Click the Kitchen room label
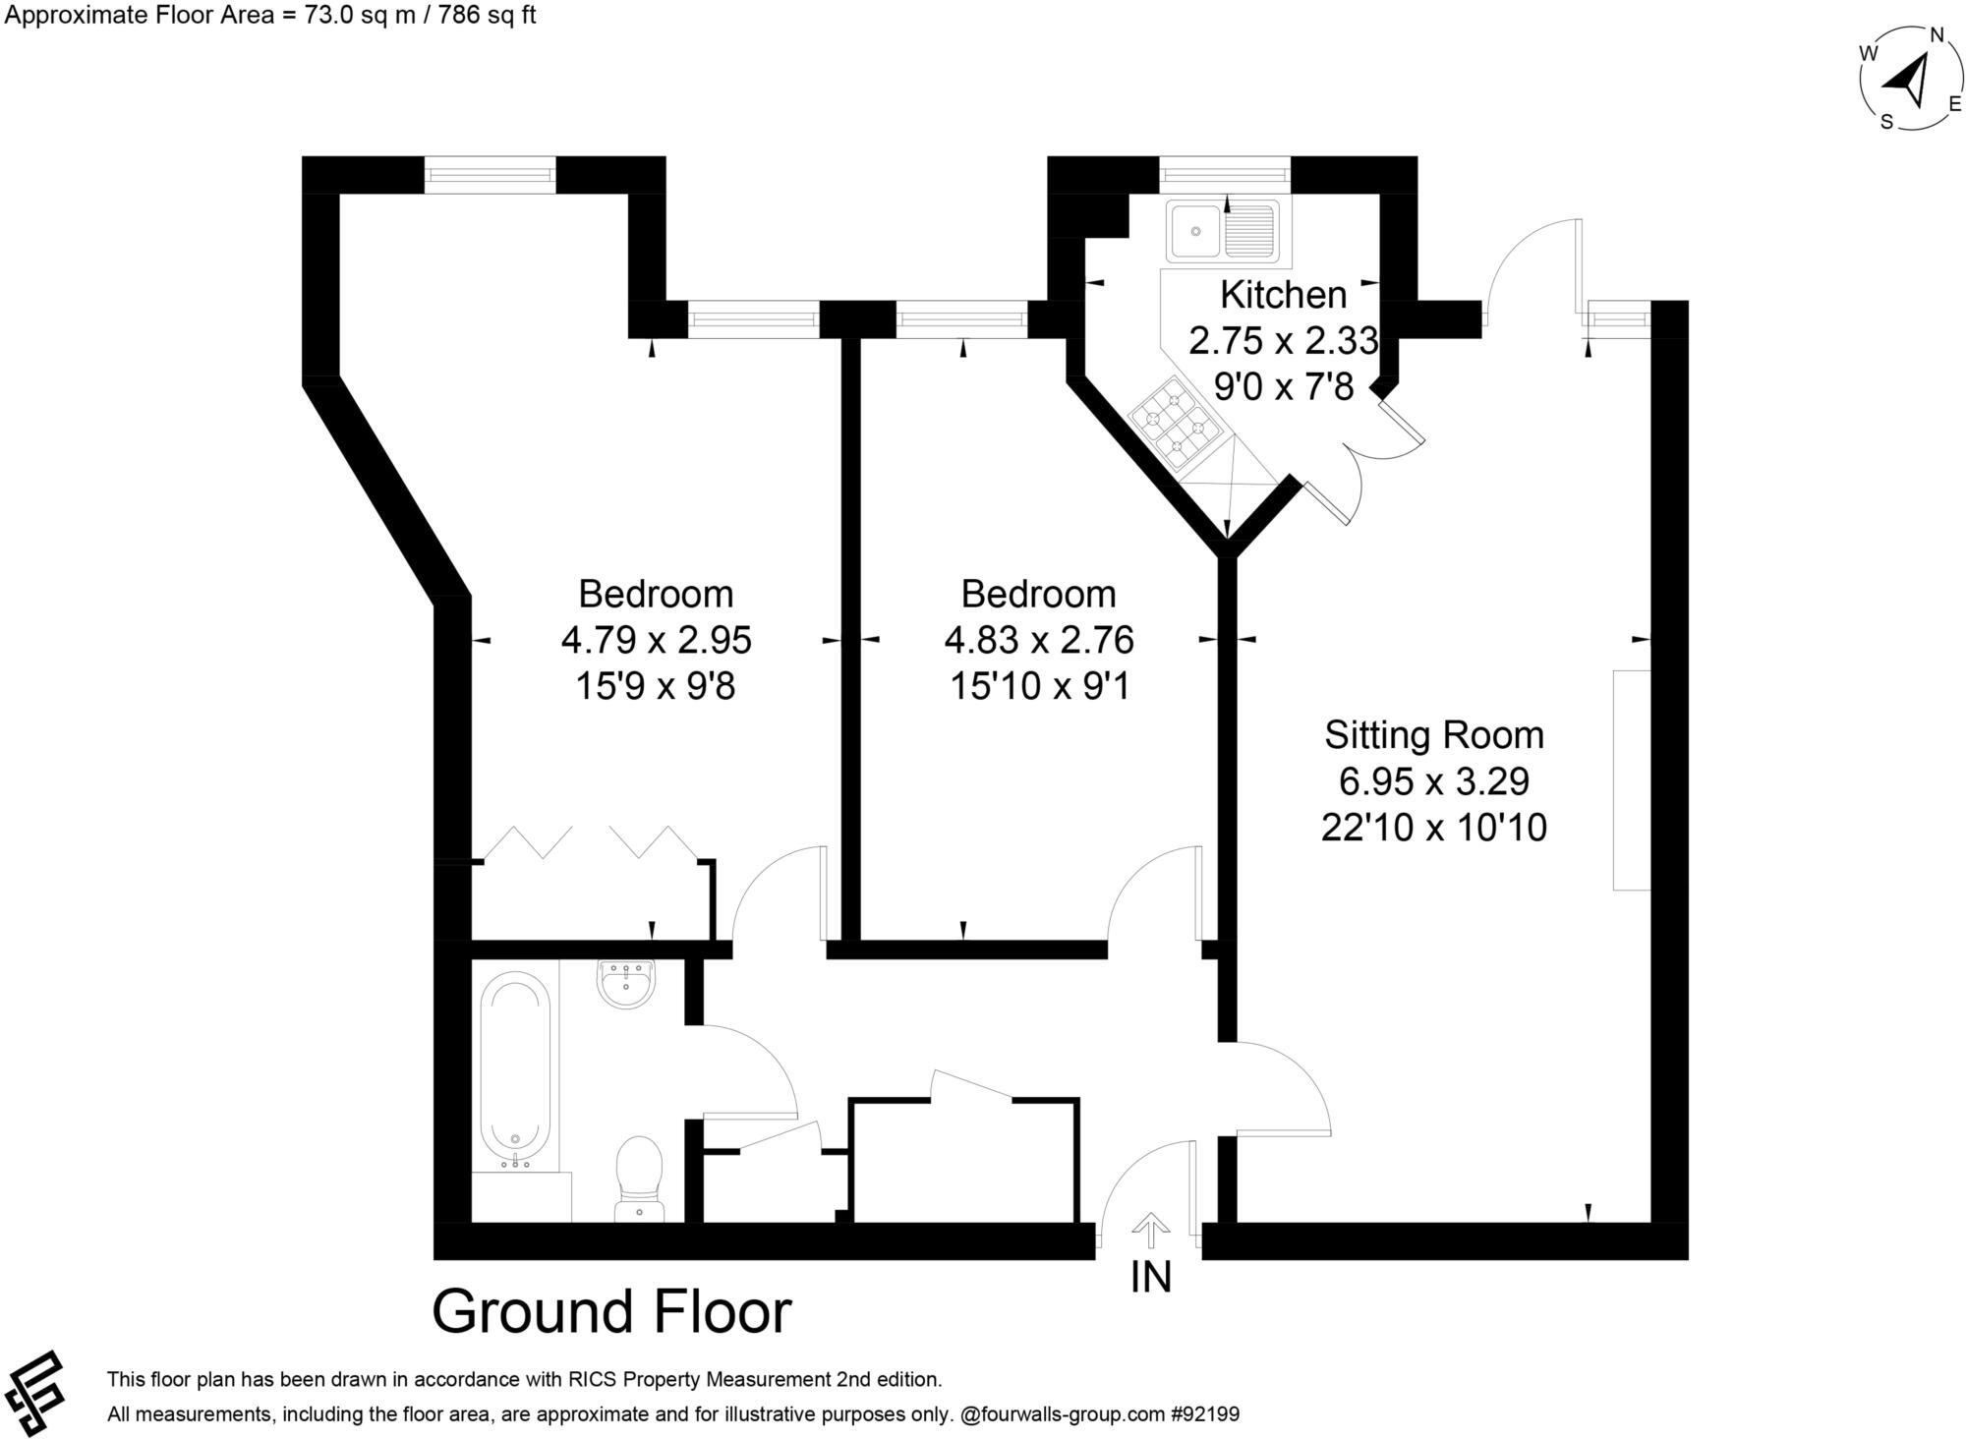(1283, 295)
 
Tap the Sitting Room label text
(1433, 735)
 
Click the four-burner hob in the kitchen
(1176, 423)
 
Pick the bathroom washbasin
(625, 984)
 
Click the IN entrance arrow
(1150, 1231)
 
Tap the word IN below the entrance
(1150, 1278)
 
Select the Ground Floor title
(611, 1312)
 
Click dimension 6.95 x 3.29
(1433, 781)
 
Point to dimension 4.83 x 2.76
(1038, 640)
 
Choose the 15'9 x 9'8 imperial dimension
(655, 686)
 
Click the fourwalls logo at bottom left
(34, 1394)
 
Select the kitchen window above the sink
(1225, 175)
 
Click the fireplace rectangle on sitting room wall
(1631, 779)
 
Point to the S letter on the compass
(1886, 122)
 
